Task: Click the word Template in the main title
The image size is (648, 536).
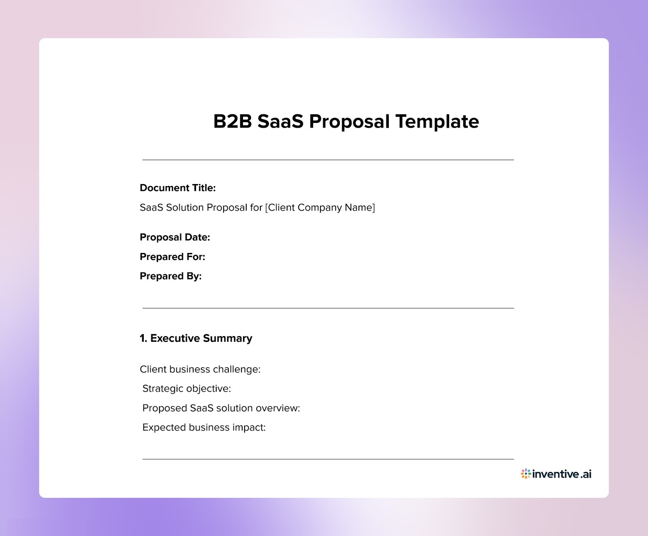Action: click(x=437, y=122)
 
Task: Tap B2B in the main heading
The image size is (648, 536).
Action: click(x=232, y=122)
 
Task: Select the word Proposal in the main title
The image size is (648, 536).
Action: click(x=349, y=122)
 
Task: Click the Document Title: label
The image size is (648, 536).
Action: click(x=177, y=188)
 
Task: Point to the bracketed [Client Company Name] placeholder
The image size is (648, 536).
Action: click(x=320, y=208)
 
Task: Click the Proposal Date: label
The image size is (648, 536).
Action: click(x=175, y=237)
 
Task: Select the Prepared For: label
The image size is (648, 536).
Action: click(x=172, y=257)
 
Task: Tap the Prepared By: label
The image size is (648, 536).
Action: click(x=171, y=276)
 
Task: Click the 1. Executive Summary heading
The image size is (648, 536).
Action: click(x=196, y=338)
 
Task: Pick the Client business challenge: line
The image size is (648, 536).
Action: click(x=200, y=369)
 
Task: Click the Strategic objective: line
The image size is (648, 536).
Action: click(x=186, y=388)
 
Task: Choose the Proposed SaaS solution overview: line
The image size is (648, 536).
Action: click(x=221, y=408)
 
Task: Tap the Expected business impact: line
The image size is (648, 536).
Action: click(x=204, y=427)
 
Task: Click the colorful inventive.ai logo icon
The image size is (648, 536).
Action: click(x=526, y=474)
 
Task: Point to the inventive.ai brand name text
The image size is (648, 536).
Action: click(x=562, y=474)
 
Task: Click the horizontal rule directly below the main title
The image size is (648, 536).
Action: click(x=328, y=160)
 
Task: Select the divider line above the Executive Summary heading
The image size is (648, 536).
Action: click(x=328, y=308)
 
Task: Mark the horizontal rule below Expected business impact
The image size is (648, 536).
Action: click(x=328, y=459)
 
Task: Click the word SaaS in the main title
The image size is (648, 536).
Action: click(x=280, y=122)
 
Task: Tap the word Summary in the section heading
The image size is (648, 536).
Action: click(x=227, y=338)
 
